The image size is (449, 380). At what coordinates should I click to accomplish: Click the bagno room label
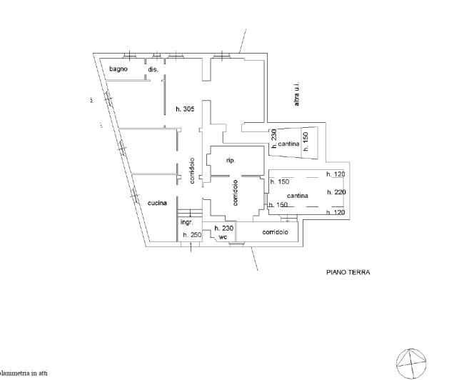coord(118,69)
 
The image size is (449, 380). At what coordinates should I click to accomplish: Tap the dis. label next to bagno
coord(153,69)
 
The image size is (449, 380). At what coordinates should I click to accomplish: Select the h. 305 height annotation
coord(185,109)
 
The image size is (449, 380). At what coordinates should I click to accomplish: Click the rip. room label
coord(231,161)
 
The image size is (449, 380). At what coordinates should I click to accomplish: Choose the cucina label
coord(157,203)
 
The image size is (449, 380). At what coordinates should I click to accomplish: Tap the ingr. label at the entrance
coord(186,222)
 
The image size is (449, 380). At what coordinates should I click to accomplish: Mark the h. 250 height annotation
coord(191,234)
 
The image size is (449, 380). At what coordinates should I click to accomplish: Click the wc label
coord(223,236)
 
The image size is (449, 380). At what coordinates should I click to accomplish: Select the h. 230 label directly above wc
coord(223,227)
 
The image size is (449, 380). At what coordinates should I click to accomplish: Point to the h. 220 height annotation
coord(336,192)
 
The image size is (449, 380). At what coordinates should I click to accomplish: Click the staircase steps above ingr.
coord(186,213)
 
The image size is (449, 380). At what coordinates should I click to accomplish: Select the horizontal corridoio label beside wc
coord(275,232)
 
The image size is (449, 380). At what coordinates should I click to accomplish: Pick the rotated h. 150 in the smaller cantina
coord(305,143)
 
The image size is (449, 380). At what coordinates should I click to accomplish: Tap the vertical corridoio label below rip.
coord(236,192)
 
